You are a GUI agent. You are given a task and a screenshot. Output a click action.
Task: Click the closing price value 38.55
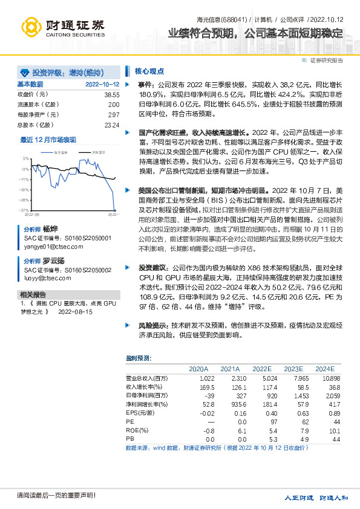[x=112, y=95]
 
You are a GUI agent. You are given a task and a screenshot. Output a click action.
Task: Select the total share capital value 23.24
[x=112, y=125]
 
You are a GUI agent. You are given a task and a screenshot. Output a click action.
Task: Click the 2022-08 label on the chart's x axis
[x=32, y=214]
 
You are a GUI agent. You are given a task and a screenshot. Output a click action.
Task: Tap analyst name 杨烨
[x=50, y=230]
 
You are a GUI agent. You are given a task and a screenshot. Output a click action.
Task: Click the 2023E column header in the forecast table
[x=293, y=368]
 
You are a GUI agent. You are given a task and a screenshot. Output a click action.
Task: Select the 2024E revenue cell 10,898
[x=324, y=378]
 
